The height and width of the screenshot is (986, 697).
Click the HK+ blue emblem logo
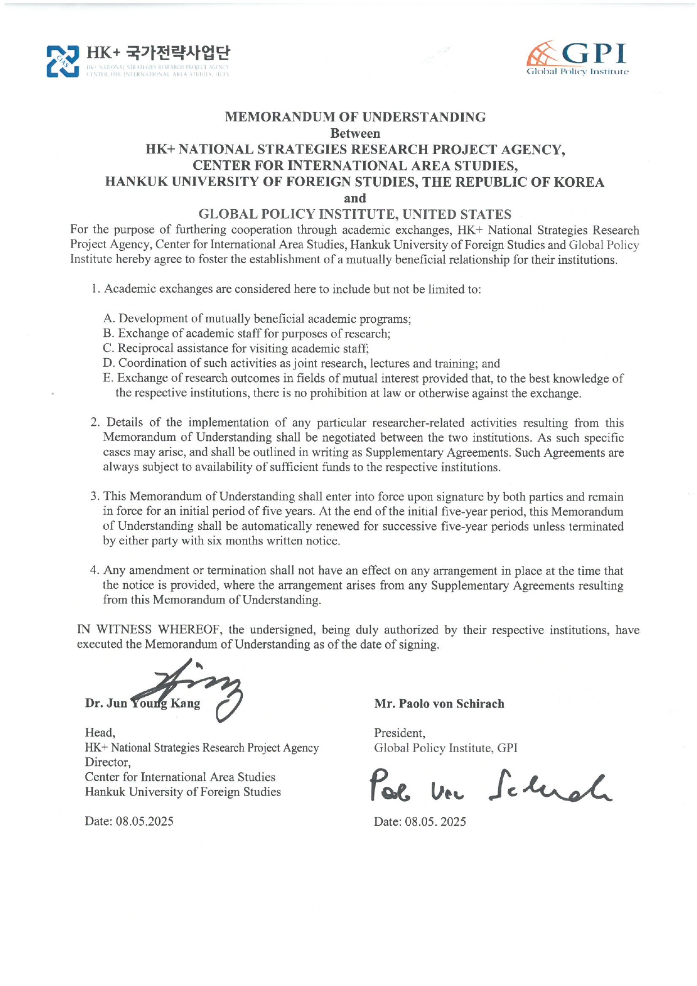click(62, 61)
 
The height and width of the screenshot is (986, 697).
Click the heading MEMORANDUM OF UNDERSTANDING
click(355, 117)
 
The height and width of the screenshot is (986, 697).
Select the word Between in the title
click(355, 133)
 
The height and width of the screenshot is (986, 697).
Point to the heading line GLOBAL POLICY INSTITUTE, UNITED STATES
click(355, 214)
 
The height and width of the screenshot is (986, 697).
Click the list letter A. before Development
click(109, 319)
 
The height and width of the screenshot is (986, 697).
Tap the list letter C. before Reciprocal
click(108, 349)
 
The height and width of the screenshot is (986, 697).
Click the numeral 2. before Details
click(96, 423)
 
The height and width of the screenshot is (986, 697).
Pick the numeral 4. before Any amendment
click(95, 571)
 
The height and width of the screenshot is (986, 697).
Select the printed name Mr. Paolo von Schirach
click(439, 704)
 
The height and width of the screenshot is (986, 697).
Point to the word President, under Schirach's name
click(400, 733)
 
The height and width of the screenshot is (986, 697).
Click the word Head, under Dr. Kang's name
click(100, 733)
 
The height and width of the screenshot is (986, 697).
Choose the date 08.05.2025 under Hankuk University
click(144, 822)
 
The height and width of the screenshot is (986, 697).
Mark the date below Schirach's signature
click(435, 822)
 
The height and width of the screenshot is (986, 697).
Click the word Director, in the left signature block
click(107, 763)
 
